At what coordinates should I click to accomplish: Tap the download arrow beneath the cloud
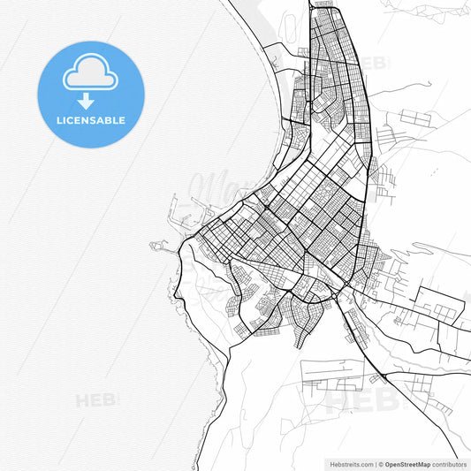[86, 101]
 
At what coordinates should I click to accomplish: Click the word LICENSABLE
[92, 120]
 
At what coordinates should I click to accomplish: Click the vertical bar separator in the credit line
[376, 463]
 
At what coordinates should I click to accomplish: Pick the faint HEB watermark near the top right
[374, 63]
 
